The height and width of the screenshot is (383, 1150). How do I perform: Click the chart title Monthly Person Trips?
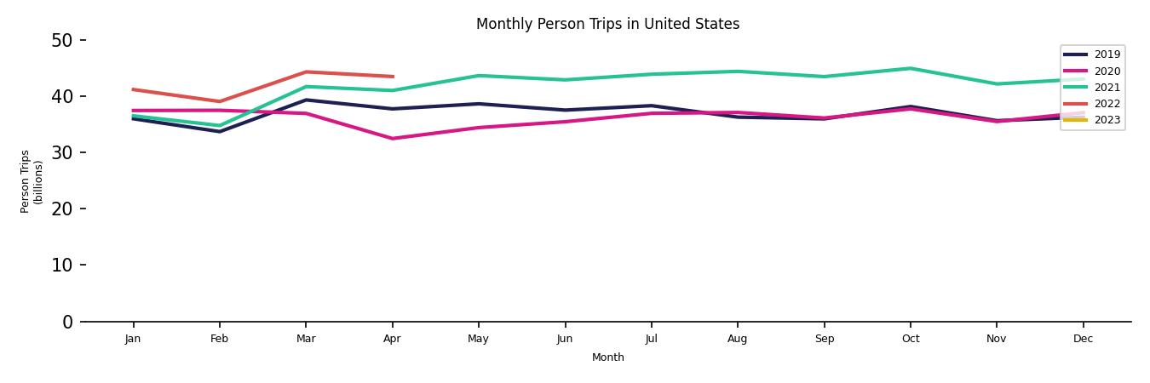click(607, 24)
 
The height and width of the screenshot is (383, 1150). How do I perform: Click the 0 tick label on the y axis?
click(69, 322)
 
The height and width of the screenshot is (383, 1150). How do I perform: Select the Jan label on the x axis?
click(133, 339)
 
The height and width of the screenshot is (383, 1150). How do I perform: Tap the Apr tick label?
click(392, 339)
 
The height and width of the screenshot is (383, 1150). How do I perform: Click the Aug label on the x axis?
click(738, 339)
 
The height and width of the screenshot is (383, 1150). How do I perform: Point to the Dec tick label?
click(1083, 339)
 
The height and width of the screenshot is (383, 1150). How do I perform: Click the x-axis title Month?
click(607, 357)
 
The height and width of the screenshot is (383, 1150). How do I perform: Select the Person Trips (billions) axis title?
click(32, 181)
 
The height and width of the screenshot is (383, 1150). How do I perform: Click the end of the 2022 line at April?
click(392, 77)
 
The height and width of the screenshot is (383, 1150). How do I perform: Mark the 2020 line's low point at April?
click(392, 139)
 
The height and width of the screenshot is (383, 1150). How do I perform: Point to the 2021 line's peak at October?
click(910, 68)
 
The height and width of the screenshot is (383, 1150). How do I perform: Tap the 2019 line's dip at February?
click(220, 131)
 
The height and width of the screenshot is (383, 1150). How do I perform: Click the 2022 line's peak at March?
click(306, 71)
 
